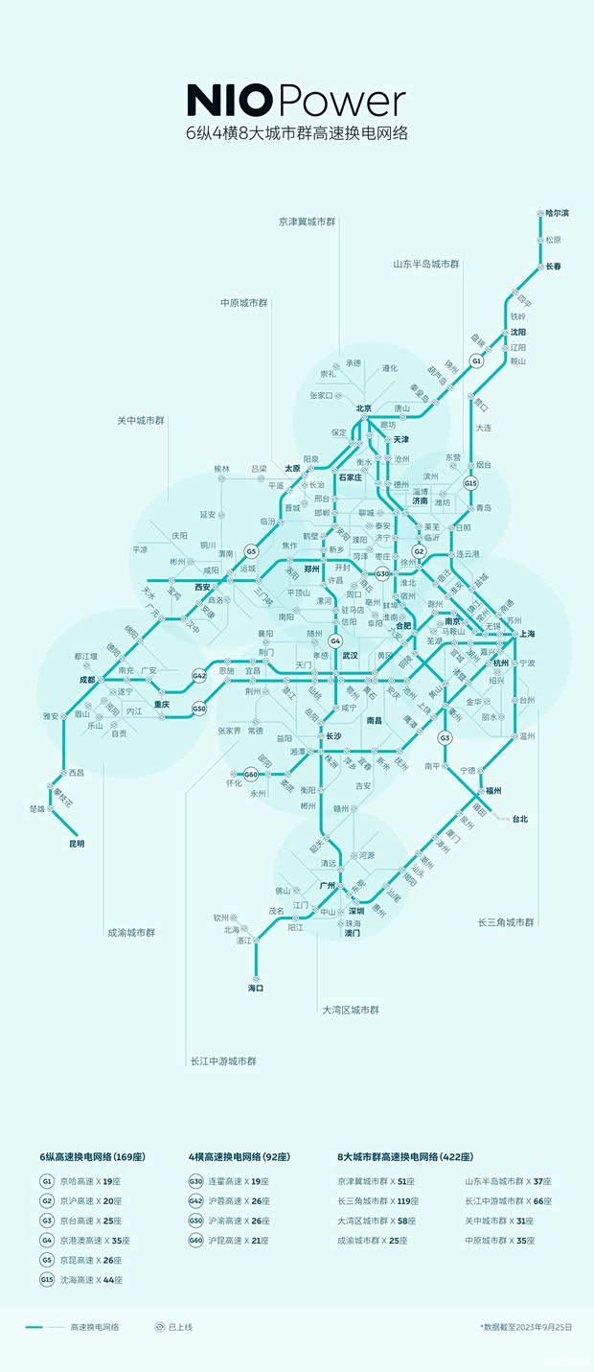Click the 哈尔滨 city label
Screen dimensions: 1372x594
click(x=557, y=212)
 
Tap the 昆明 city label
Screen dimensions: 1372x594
click(x=76, y=844)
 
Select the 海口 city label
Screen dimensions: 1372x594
click(x=256, y=987)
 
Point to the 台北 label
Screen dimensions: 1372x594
click(x=519, y=819)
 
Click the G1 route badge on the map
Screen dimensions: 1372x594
click(x=476, y=360)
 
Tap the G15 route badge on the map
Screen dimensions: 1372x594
click(x=470, y=484)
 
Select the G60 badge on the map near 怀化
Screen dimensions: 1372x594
click(x=251, y=774)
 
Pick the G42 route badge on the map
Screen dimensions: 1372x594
click(x=199, y=675)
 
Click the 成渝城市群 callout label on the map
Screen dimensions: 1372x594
click(x=130, y=932)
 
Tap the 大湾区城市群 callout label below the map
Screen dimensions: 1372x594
click(x=351, y=1010)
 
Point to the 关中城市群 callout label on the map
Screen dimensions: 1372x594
click(x=141, y=421)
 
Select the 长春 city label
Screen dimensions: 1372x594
click(x=554, y=266)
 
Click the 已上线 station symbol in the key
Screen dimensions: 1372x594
click(x=160, y=1327)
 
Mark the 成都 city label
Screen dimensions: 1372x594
click(x=87, y=680)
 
